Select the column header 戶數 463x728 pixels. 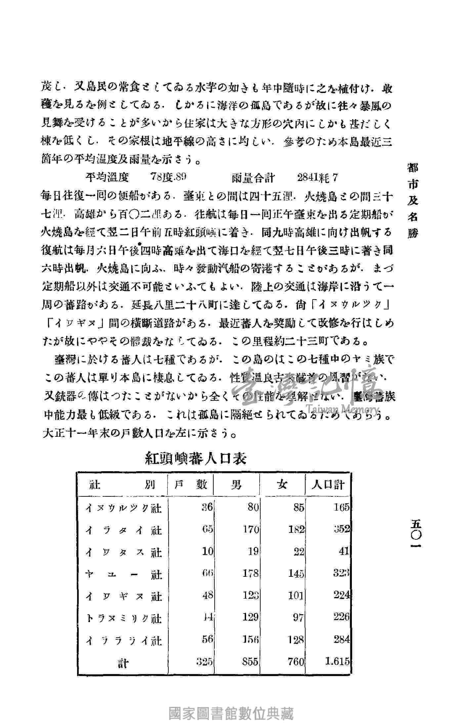coord(190,485)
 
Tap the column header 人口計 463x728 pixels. coord(328,485)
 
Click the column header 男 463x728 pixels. coord(236,485)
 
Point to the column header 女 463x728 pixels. coord(282,485)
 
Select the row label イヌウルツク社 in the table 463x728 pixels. coord(123,508)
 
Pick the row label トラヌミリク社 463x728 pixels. coord(123,618)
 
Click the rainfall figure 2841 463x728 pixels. coord(308,178)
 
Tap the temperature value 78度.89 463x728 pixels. coord(169,178)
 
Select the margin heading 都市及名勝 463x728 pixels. coord(413,201)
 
